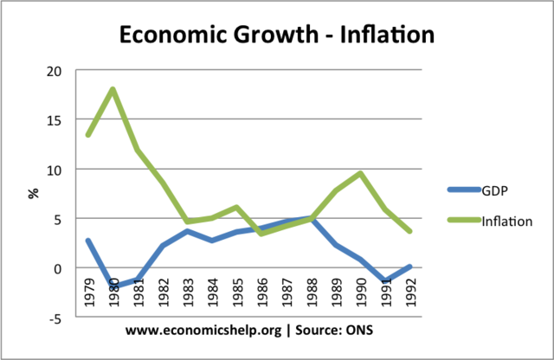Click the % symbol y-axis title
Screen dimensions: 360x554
(35, 192)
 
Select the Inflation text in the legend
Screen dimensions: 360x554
(507, 221)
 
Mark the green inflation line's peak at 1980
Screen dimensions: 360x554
(114, 89)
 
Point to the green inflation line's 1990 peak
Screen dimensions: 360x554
(359, 173)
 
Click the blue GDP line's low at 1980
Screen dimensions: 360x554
(114, 286)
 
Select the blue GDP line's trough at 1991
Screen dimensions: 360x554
(385, 282)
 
